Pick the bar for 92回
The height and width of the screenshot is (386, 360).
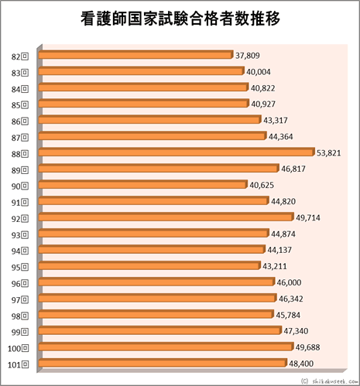pos(167,217)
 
